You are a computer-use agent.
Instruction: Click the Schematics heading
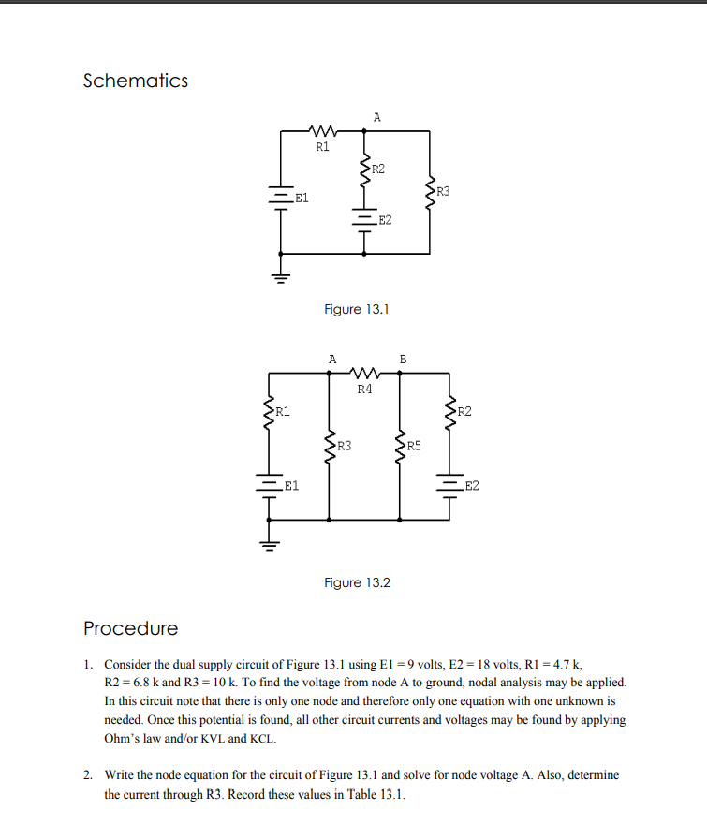tap(135, 81)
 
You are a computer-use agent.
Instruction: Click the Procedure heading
tap(130, 627)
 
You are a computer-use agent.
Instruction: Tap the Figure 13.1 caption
tap(356, 309)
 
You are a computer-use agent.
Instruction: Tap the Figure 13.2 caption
tap(357, 582)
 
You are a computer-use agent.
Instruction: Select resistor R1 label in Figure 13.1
tap(322, 147)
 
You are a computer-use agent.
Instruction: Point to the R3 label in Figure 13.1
tap(443, 192)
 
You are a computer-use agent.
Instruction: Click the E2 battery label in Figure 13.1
tap(385, 220)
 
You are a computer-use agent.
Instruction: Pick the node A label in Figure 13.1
tap(376, 117)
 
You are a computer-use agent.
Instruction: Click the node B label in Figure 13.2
tap(403, 358)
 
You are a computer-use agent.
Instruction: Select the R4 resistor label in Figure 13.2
tap(364, 389)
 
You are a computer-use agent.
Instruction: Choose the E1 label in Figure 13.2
tap(291, 486)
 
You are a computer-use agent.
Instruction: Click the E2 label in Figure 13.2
tap(471, 486)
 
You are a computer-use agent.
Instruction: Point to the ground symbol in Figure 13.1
tap(281, 275)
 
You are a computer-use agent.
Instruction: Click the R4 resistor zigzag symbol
tap(364, 374)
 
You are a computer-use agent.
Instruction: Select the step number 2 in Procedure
tap(87, 775)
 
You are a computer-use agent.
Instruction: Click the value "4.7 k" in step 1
tap(566, 665)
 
